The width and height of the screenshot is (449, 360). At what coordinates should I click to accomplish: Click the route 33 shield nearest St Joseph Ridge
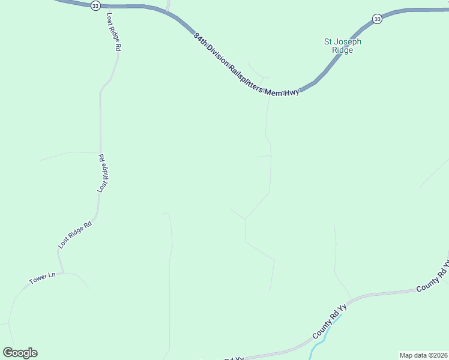pos(376,19)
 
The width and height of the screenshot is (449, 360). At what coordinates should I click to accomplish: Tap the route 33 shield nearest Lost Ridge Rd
pos(95,5)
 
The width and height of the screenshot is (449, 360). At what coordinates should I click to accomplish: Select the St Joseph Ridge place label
pos(343,46)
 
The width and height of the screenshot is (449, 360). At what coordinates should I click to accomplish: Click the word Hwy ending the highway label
pos(291,92)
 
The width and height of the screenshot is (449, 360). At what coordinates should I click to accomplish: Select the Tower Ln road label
pos(42,279)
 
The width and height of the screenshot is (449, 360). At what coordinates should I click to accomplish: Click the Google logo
pos(20,353)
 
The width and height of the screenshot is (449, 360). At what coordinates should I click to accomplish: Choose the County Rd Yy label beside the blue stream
pos(330,322)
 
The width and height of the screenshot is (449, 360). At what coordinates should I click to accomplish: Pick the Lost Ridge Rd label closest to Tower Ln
pos(74,235)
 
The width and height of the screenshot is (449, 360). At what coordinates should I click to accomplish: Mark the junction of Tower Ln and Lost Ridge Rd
pos(63,273)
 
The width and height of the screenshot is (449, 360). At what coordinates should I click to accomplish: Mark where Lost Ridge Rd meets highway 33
pos(107,7)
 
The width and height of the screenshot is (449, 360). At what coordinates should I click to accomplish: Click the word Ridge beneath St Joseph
pos(343,50)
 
